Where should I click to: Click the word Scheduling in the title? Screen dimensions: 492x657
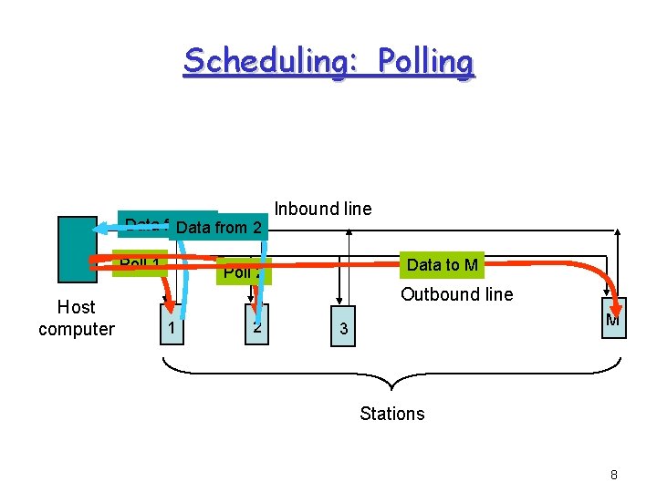pyautogui.click(x=261, y=61)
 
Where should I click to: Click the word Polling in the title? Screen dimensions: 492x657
pyautogui.click(x=425, y=61)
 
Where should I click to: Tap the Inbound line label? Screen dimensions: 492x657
pyautogui.click(x=323, y=209)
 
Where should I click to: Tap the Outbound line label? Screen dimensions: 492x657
pyautogui.click(x=456, y=294)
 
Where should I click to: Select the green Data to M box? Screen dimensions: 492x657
pyautogui.click(x=442, y=265)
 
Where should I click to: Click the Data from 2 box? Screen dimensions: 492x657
pyautogui.click(x=219, y=227)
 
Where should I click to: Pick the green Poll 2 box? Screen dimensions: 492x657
pyautogui.click(x=243, y=272)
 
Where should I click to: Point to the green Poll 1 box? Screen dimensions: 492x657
pyautogui.click(x=141, y=263)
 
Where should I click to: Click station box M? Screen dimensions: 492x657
pyautogui.click(x=613, y=320)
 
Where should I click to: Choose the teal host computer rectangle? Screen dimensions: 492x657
pyautogui.click(x=77, y=250)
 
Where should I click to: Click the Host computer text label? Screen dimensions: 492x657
pyautogui.click(x=77, y=318)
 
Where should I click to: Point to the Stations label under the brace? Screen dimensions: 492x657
pyautogui.click(x=391, y=414)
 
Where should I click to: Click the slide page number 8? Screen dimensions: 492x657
pyautogui.click(x=614, y=475)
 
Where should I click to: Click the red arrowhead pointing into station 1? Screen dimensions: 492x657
pyautogui.click(x=168, y=303)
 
